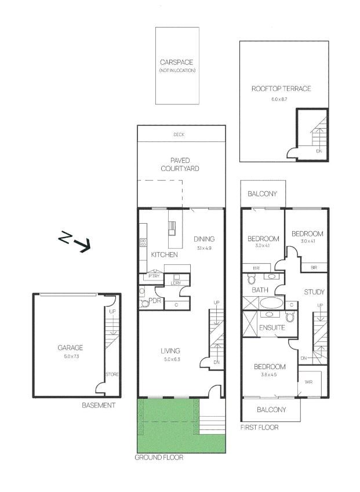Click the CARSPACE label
[x=177, y=62]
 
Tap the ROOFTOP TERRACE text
[x=281, y=89]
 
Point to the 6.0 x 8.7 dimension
[x=279, y=99]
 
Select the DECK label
[x=179, y=134]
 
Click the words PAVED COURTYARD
[x=181, y=164]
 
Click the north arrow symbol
[x=75, y=241]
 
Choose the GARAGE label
[x=70, y=348]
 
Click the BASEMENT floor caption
[x=99, y=406]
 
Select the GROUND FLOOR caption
[x=159, y=457]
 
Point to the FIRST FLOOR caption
[x=259, y=428]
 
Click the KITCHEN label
[x=164, y=255]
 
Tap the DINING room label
[x=205, y=239]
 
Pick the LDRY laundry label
[x=176, y=283]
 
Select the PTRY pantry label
[x=154, y=276]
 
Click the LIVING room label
[x=170, y=351]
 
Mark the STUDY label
[x=314, y=292]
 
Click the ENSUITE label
[x=272, y=328]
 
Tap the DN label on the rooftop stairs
[x=319, y=151]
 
